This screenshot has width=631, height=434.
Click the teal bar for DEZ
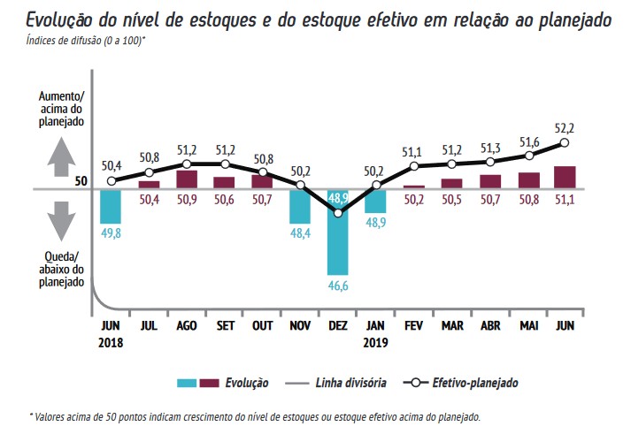(x=338, y=232)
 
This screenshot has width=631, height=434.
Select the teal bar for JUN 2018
(x=110, y=205)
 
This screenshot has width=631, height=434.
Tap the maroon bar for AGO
(x=187, y=179)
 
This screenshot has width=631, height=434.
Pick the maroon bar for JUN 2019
(x=565, y=177)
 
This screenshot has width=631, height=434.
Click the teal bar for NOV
(x=300, y=205)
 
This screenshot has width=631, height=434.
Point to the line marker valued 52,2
(x=565, y=142)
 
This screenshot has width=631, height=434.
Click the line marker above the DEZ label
(x=338, y=213)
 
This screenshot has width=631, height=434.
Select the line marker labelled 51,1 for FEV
(x=413, y=166)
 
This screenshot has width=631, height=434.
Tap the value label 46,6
(x=338, y=286)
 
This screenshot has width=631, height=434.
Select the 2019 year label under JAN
(x=376, y=341)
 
